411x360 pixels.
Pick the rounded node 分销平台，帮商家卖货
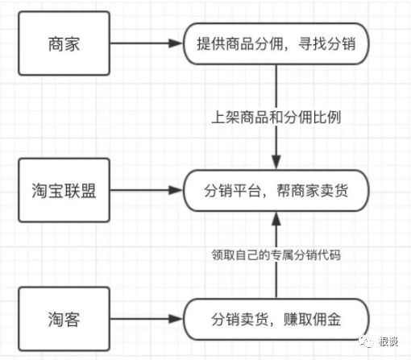click(x=276, y=192)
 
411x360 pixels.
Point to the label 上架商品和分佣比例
click(x=276, y=118)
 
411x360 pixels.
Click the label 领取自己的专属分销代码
click(x=276, y=256)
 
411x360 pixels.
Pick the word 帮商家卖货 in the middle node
click(x=314, y=192)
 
